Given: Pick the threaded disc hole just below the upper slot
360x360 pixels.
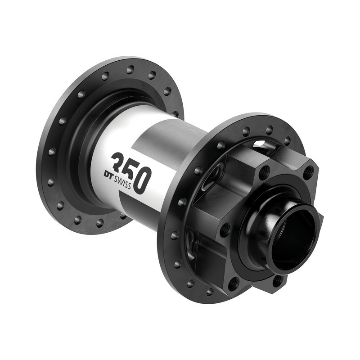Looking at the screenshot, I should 265,171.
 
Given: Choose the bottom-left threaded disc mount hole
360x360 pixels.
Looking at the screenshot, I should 233,283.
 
